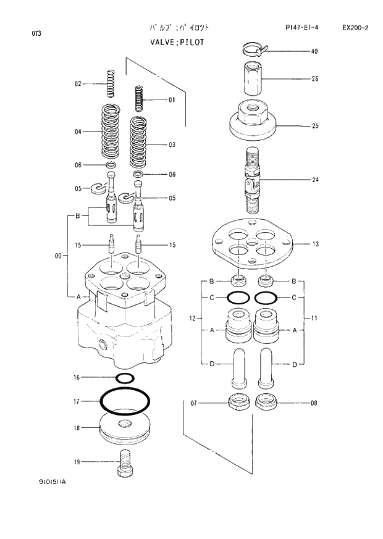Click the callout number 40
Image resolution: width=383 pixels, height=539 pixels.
314,52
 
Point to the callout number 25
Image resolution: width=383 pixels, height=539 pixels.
314,126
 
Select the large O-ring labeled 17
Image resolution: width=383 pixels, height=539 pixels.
125,402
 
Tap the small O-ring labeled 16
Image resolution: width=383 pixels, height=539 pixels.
125,377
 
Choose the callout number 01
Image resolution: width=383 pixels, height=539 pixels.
171,99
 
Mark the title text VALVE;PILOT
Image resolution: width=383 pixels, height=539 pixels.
176,42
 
